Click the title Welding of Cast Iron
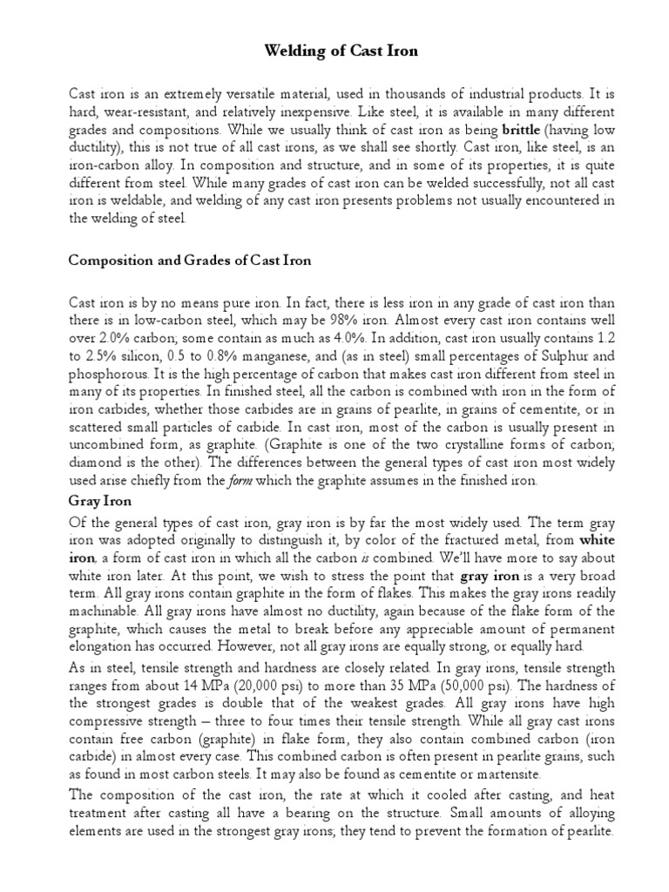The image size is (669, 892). pyautogui.click(x=341, y=51)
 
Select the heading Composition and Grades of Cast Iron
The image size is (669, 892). pyautogui.click(x=189, y=260)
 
